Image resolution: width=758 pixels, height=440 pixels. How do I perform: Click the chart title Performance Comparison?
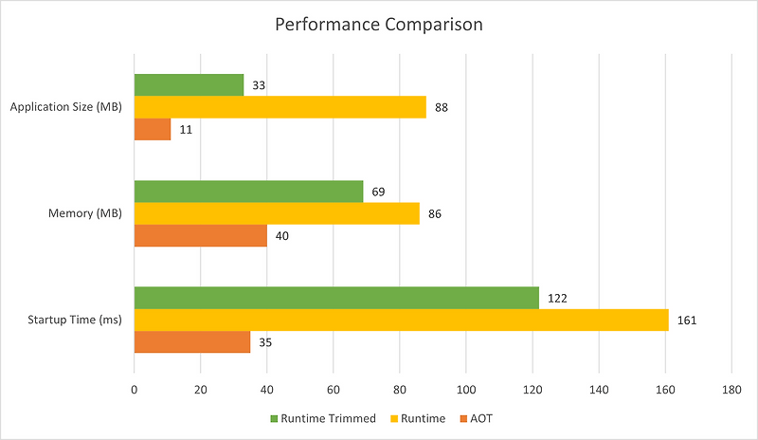379,25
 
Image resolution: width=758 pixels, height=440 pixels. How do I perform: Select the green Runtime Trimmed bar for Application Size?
189,85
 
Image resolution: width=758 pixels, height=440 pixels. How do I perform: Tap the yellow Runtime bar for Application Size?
280,107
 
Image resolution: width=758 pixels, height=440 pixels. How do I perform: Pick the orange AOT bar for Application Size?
153,129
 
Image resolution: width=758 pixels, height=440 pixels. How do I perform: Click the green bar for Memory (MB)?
248,192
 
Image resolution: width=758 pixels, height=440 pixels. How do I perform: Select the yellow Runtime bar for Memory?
277,213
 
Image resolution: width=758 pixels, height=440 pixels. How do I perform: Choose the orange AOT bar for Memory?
200,235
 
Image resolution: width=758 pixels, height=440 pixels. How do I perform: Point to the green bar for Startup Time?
336,298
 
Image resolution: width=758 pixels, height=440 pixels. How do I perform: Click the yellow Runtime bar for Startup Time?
401,320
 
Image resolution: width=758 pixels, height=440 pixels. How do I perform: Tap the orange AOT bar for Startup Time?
192,341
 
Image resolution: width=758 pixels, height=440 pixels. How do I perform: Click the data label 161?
685,321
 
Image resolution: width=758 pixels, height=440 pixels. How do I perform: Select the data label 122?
556,298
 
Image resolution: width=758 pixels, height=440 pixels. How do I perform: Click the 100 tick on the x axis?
465,389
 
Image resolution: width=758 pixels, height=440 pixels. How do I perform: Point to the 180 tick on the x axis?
731,389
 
